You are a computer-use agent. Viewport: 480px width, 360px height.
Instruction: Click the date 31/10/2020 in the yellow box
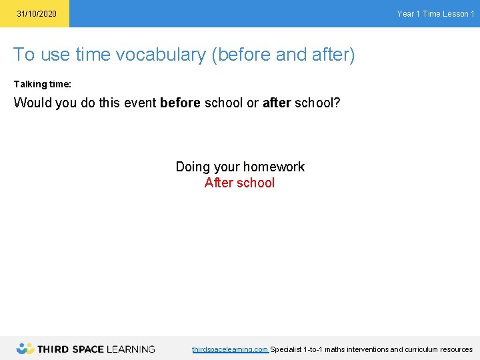pyautogui.click(x=37, y=14)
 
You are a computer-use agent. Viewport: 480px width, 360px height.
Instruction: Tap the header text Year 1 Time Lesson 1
pyautogui.click(x=435, y=14)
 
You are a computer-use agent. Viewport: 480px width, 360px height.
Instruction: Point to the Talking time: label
pyautogui.click(x=43, y=85)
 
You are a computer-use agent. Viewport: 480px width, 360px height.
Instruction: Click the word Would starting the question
pyautogui.click(x=32, y=103)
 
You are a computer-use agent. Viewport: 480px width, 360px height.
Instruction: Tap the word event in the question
pyautogui.click(x=139, y=103)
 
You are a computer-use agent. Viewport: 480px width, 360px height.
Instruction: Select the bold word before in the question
pyautogui.click(x=180, y=103)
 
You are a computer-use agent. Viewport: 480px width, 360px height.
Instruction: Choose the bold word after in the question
pyautogui.click(x=277, y=103)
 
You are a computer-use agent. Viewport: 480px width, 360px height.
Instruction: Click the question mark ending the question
pyautogui.click(x=337, y=103)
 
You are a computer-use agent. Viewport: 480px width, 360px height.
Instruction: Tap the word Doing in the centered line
pyautogui.click(x=192, y=167)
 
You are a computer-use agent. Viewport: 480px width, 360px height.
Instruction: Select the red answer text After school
pyautogui.click(x=239, y=183)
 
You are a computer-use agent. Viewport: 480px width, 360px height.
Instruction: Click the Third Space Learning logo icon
pyautogui.click(x=25, y=349)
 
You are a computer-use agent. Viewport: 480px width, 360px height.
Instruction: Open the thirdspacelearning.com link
pyautogui.click(x=230, y=349)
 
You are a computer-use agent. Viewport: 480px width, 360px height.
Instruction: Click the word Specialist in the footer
pyautogui.click(x=285, y=349)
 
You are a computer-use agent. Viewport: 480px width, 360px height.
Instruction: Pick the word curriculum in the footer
pyautogui.click(x=418, y=349)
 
